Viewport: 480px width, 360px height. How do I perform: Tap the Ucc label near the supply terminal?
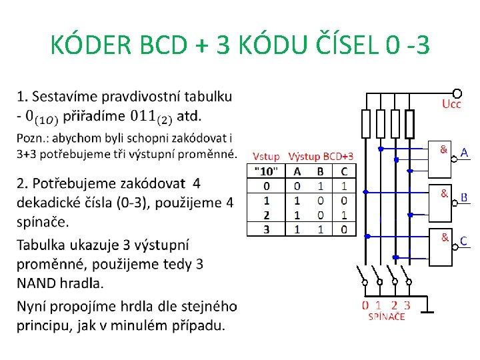451,105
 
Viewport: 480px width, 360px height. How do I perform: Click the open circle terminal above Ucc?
457,93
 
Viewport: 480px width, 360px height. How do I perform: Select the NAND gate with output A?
440,159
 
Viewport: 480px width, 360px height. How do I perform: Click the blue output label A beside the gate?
465,153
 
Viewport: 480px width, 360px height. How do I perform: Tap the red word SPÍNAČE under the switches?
387,317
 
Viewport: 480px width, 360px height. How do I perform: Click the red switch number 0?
365,305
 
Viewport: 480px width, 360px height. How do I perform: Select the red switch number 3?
407,305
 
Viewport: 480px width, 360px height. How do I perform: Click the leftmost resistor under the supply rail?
365,123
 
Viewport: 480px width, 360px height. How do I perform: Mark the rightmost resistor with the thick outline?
409,123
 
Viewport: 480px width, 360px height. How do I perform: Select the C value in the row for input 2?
343,215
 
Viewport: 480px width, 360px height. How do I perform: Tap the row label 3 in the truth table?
267,229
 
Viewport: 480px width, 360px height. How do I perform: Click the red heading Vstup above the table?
266,156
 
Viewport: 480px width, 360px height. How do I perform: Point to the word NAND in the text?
38,283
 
